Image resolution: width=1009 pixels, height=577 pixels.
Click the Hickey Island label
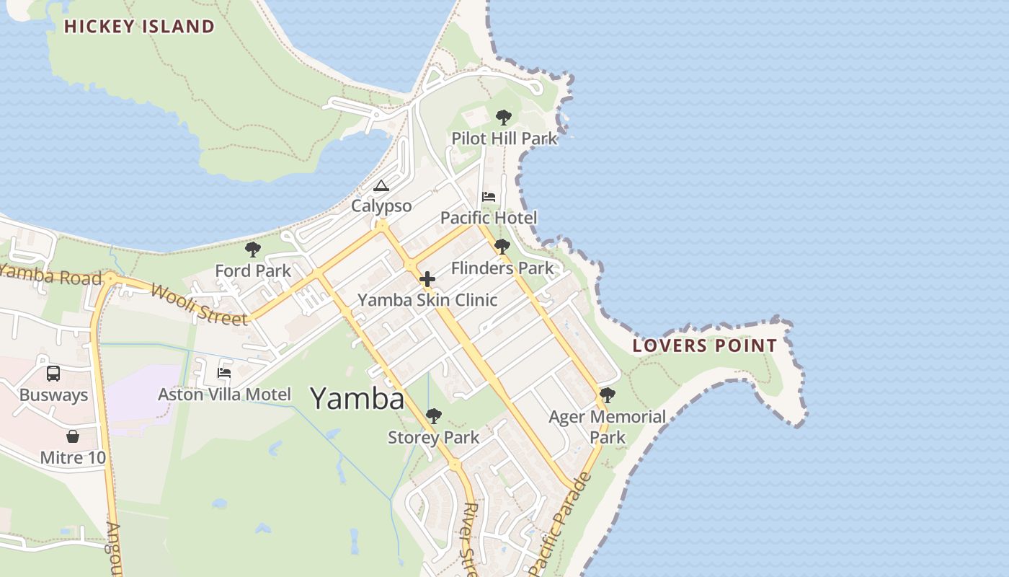pos(139,27)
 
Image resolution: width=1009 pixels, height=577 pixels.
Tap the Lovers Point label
pos(704,345)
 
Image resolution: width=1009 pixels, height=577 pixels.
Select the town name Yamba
pos(357,398)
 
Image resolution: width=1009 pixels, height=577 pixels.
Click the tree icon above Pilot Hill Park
pos(504,117)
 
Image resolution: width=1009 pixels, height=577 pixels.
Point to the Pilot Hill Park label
pos(504,138)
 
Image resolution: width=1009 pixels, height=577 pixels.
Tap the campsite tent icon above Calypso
pos(381,186)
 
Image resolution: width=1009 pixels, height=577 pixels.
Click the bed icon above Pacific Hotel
pos(489,197)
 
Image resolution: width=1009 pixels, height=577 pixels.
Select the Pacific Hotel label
pos(489,218)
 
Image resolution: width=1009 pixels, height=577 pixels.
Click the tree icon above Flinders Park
pos(502,247)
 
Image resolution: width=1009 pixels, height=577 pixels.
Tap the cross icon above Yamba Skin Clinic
pos(427,279)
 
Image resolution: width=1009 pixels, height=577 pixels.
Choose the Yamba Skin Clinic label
pos(427,300)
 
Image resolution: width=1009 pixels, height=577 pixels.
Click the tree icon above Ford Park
pos(252,250)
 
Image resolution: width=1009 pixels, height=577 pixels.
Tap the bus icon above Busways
pos(53,374)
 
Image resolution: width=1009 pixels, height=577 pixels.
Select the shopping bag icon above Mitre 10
pos(72,436)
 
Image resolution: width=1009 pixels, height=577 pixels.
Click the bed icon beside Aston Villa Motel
pos(224,373)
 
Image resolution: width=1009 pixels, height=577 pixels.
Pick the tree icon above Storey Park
pos(433,416)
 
